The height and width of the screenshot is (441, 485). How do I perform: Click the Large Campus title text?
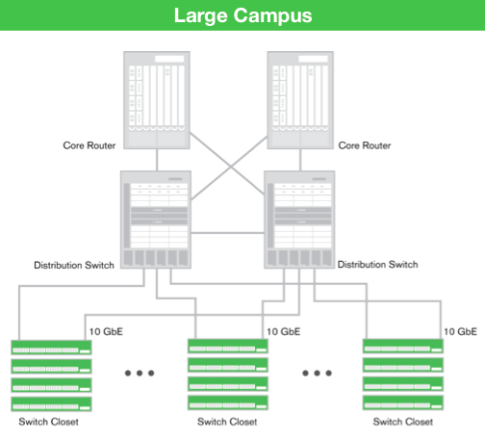242,15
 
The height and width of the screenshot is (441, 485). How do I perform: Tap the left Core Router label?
92,145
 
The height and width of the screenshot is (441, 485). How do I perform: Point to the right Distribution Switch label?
383,264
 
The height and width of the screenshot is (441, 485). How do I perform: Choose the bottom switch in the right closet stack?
402,403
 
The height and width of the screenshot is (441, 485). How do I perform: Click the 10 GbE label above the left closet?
107,330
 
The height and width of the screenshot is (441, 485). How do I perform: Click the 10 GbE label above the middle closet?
283,330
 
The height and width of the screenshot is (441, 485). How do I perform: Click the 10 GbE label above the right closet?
459,330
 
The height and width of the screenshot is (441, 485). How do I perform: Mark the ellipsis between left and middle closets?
139,373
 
